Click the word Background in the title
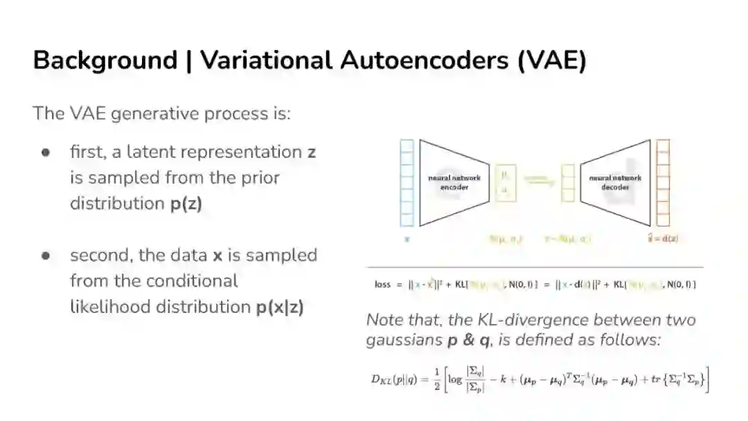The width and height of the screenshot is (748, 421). point(105,61)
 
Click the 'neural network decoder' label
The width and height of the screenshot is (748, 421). point(615,182)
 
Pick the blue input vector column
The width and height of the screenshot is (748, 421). point(407,183)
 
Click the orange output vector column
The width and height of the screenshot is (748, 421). point(663,183)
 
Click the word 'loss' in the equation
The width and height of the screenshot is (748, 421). point(382,284)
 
